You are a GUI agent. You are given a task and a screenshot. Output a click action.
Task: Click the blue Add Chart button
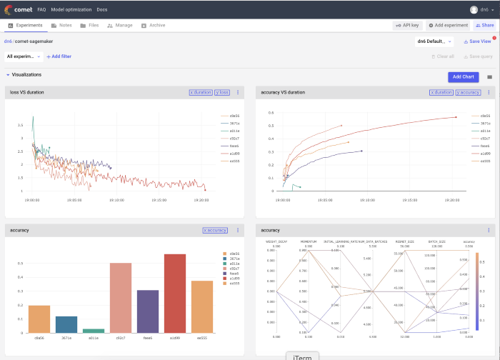pos(464,76)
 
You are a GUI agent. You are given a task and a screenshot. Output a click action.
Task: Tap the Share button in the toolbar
pos(485,25)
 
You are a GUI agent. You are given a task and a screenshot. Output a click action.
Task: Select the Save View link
pos(477,41)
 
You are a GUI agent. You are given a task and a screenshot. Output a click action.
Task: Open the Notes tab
pos(61,25)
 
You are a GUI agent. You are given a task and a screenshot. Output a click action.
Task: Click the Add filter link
pos(59,56)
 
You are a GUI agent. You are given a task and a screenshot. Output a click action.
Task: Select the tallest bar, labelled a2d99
pos(175,292)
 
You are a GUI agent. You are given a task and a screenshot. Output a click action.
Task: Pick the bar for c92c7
pos(120,296)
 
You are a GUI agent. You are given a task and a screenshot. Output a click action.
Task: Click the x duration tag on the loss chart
pos(200,92)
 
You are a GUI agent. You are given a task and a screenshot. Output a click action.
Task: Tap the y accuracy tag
pos(468,92)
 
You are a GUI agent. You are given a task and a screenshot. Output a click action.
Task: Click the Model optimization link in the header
pos(71,9)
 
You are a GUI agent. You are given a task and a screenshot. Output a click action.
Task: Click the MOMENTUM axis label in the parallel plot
pos(309,242)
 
